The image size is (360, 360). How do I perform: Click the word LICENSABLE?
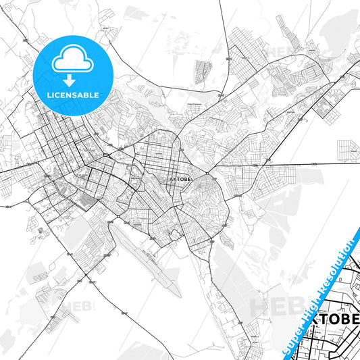click(x=73, y=95)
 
